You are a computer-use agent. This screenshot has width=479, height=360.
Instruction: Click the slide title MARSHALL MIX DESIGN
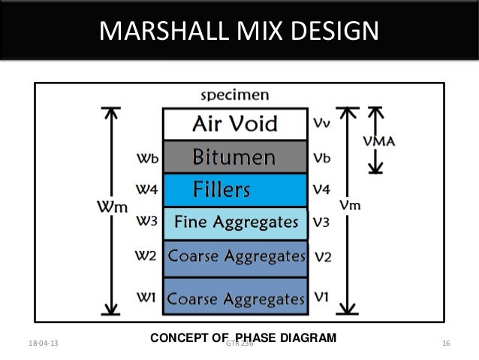(239, 32)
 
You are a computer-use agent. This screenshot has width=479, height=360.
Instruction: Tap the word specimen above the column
(234, 95)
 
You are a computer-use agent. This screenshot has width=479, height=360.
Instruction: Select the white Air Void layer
(234, 123)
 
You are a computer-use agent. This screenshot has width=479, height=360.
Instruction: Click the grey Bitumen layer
(234, 157)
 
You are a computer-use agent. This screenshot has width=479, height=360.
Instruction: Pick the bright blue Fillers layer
(234, 189)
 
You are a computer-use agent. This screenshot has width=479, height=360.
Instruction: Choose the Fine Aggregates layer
(234, 222)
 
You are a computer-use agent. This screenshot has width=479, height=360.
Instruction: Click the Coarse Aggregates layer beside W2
(234, 256)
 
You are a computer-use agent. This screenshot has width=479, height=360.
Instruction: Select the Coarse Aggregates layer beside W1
(234, 298)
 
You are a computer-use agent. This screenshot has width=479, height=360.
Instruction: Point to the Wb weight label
(146, 158)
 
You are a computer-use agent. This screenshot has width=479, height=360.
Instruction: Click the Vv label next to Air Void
(321, 123)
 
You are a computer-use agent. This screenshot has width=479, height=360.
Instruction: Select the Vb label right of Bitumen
(321, 158)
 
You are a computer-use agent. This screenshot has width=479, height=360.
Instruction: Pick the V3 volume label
(321, 222)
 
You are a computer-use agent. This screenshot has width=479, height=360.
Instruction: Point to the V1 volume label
(321, 297)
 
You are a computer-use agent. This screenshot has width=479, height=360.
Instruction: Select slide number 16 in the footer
(446, 343)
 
